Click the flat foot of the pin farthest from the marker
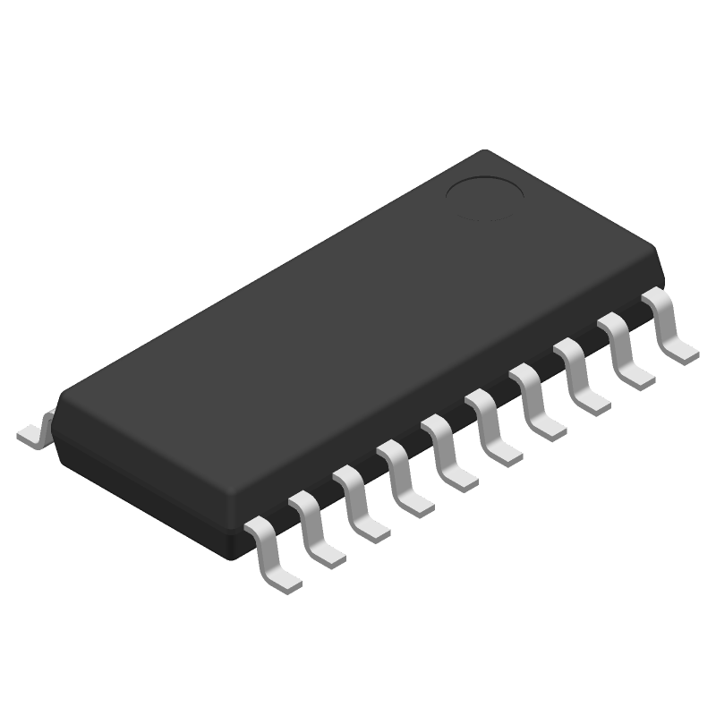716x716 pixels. coord(285,578)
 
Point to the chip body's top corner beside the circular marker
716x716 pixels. coord(484,152)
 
